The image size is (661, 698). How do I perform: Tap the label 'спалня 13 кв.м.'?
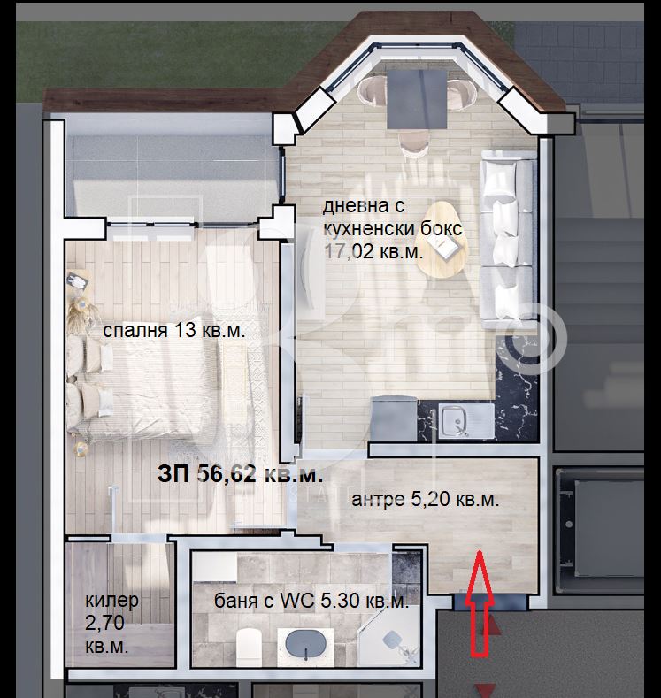click(174, 331)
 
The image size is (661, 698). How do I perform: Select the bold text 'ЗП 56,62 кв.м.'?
click(241, 474)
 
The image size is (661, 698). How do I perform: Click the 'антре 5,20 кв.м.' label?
click(425, 500)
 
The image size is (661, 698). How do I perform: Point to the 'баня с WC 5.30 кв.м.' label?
click(311, 601)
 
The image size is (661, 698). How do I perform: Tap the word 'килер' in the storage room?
click(111, 601)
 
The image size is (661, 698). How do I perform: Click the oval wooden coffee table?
click(442, 238)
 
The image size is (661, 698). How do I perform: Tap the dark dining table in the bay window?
click(416, 98)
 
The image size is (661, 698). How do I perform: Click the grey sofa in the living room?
click(508, 238)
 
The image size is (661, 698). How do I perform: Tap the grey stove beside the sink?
click(394, 419)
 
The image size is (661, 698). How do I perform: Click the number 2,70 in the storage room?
click(104, 624)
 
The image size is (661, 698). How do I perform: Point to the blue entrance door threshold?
click(489, 602)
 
